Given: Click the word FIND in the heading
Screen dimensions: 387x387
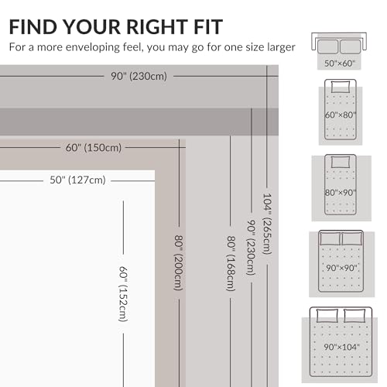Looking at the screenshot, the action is (x=33, y=27).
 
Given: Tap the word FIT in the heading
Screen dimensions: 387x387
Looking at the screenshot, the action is (x=208, y=27).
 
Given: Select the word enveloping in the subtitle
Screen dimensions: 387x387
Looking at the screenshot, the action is (x=93, y=48).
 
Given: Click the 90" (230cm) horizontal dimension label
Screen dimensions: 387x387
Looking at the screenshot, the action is (x=139, y=77).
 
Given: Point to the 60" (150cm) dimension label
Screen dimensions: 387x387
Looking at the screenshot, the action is (x=94, y=148).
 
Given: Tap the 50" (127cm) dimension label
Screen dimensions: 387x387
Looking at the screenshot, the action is (x=77, y=180).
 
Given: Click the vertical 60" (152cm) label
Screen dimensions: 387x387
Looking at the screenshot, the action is (x=123, y=294).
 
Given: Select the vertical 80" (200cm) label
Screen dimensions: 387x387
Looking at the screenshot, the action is (x=179, y=262).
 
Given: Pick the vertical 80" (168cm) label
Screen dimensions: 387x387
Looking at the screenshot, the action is (x=231, y=263).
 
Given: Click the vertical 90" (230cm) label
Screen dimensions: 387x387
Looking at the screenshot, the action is (x=251, y=248).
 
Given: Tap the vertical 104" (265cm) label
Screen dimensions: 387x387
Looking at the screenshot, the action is (x=267, y=224).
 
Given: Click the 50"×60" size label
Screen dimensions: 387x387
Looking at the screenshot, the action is (x=340, y=63).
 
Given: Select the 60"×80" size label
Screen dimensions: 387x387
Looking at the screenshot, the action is (x=341, y=115).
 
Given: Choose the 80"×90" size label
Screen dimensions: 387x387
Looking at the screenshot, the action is (x=341, y=193).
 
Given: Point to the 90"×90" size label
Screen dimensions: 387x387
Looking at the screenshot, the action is (x=341, y=268).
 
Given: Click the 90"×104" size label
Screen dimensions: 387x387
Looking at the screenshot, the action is (x=341, y=347).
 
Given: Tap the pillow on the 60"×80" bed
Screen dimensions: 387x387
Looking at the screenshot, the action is (x=341, y=87).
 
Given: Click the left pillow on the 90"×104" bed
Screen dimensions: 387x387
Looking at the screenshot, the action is (x=327, y=316).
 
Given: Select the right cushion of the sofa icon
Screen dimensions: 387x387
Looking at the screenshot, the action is (x=351, y=46).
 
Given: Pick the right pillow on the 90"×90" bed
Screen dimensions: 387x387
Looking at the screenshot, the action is (x=352, y=238).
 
